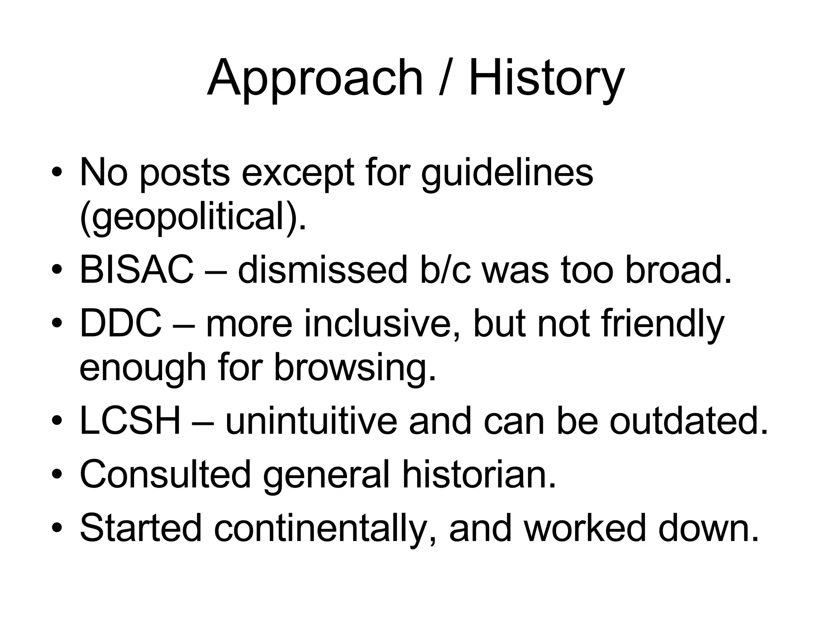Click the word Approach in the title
tap(315, 79)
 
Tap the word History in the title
tap(546, 79)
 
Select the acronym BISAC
tap(137, 270)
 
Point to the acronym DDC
tap(121, 324)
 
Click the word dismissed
tap(323, 270)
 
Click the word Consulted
tap(165, 474)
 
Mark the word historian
tap(479, 474)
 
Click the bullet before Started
tap(57, 529)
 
